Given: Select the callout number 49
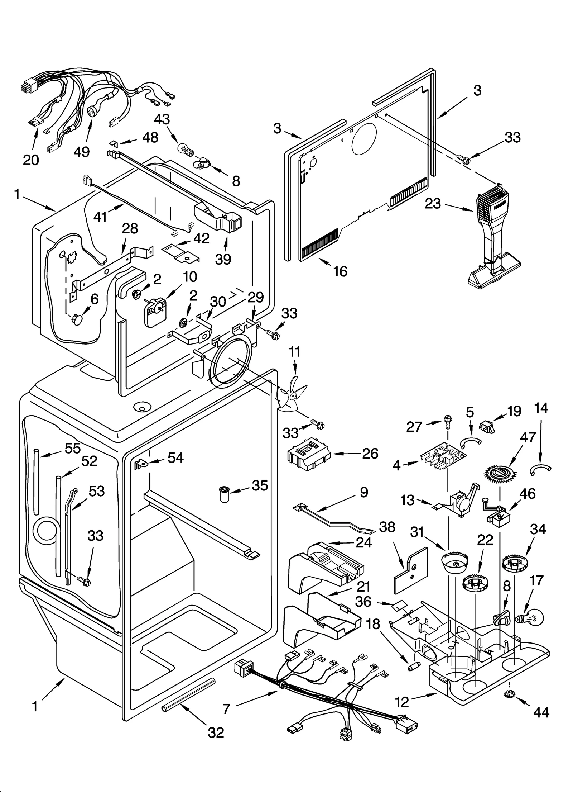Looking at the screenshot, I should (82, 152).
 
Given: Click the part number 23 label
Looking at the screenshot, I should (433, 204).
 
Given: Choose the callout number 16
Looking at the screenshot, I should (340, 271).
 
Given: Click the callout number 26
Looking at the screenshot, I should (370, 454).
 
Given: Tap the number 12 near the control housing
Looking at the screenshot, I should (403, 702).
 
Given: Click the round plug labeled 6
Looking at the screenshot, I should (77, 319).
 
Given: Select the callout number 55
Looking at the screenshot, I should (73, 449).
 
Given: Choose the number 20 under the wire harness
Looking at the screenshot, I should (31, 160).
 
